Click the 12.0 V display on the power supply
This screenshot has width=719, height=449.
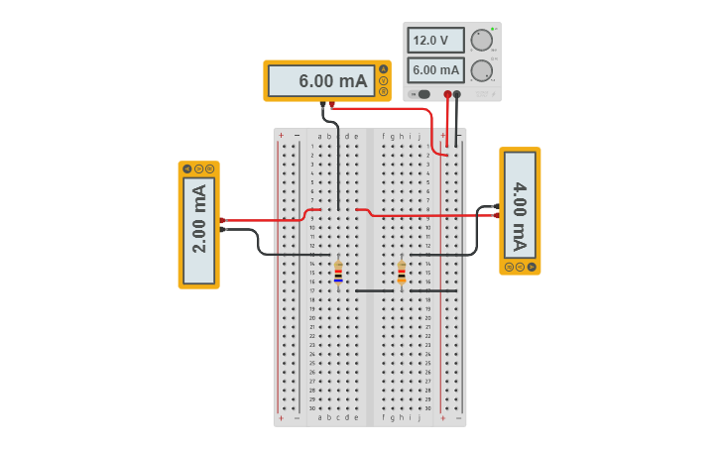pyautogui.click(x=435, y=41)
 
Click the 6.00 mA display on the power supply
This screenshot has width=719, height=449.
pyautogui.click(x=435, y=70)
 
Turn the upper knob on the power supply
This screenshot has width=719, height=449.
pyautogui.click(x=481, y=40)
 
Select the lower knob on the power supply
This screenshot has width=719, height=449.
pyautogui.click(x=481, y=70)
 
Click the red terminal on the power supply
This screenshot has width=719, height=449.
pyautogui.click(x=447, y=94)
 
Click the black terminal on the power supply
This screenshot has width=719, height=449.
pyautogui.click(x=456, y=94)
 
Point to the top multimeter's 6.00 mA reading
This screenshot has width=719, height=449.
pyautogui.click(x=321, y=81)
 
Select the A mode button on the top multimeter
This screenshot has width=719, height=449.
pyautogui.click(x=384, y=69)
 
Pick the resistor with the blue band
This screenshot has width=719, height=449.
pyautogui.click(x=338, y=273)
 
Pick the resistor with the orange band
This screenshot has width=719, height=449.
pyautogui.click(x=402, y=273)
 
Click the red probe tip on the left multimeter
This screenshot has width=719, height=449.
pyautogui.click(x=222, y=220)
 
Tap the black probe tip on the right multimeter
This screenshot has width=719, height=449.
pyautogui.click(x=496, y=207)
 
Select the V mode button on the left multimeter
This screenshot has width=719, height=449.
pyautogui.click(x=198, y=168)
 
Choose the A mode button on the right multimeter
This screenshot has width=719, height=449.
pyautogui.click(x=532, y=267)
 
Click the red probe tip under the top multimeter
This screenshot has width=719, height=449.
pyautogui.click(x=331, y=104)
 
